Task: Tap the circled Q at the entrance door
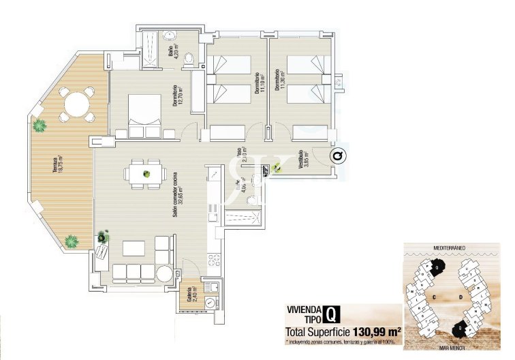(x=339, y=156)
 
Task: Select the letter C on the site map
(x=433, y=297)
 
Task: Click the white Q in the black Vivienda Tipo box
(x=330, y=314)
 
